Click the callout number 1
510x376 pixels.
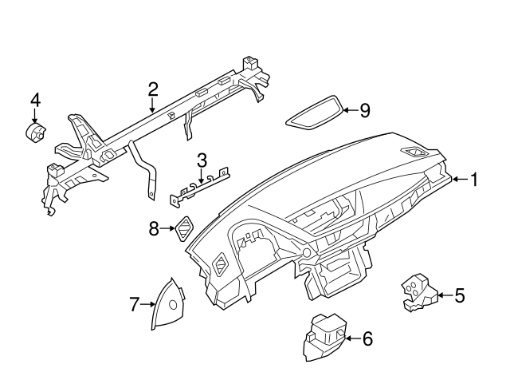pyautogui.click(x=473, y=180)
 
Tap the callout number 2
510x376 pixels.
pyautogui.click(x=152, y=89)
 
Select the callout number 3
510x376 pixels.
pyautogui.click(x=202, y=160)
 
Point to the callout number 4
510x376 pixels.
pyautogui.click(x=35, y=100)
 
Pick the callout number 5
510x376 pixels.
pyautogui.click(x=459, y=296)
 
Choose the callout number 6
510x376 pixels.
pyautogui.click(x=367, y=338)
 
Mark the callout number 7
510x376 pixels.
pyautogui.click(x=135, y=303)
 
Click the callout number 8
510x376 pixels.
pyautogui.click(x=154, y=230)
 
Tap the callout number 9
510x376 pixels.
pyautogui.click(x=365, y=110)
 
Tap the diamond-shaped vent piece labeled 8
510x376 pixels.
pyautogui.click(x=183, y=229)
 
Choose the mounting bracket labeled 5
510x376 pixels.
pyautogui.click(x=417, y=292)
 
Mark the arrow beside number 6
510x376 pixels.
pyautogui.click(x=350, y=338)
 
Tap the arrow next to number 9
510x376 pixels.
pyautogui.click(x=347, y=110)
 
